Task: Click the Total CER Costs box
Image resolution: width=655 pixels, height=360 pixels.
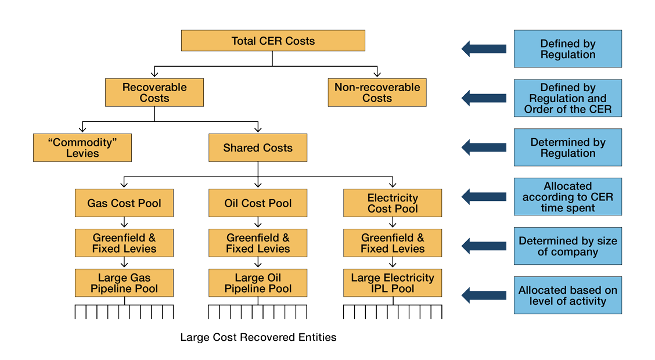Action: (x=273, y=41)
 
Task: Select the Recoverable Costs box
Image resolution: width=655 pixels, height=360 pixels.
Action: (x=154, y=93)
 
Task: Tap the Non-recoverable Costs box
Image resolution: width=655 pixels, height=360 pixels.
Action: (x=377, y=93)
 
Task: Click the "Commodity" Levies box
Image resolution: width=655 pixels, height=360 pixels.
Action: (x=82, y=148)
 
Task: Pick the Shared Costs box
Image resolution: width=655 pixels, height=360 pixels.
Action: (x=258, y=148)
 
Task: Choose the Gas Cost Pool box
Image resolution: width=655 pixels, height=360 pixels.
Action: (x=124, y=204)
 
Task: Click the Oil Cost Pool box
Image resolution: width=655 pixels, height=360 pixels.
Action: (x=258, y=204)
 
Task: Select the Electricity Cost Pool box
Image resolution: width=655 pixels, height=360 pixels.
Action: (x=393, y=204)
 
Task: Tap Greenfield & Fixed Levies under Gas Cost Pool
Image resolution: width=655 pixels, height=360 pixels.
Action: (x=124, y=243)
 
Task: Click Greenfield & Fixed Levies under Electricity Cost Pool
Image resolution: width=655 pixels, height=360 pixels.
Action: (x=393, y=243)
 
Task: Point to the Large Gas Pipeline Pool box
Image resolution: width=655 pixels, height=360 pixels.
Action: (x=124, y=283)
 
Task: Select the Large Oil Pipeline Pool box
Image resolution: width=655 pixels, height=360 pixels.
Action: (x=258, y=283)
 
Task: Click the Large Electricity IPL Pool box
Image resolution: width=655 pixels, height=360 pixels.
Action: (x=393, y=283)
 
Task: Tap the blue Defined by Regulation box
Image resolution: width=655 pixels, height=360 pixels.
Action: (x=567, y=49)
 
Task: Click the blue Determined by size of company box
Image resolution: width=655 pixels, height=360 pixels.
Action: (x=567, y=246)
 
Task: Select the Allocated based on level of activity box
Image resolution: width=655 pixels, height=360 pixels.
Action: (x=567, y=296)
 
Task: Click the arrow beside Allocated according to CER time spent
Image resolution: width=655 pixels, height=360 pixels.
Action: (x=484, y=197)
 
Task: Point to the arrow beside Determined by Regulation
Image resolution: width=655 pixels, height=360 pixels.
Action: (x=484, y=147)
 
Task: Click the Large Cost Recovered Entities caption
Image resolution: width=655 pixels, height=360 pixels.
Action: (x=258, y=337)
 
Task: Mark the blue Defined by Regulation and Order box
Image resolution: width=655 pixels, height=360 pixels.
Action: (x=567, y=99)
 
